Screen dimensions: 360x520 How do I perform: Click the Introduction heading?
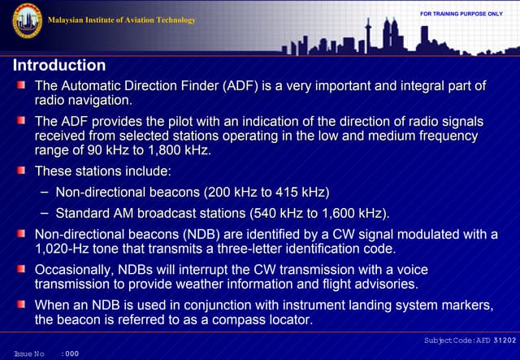pyautogui.click(x=59, y=65)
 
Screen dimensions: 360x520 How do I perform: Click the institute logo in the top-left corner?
pyautogui.click(x=26, y=20)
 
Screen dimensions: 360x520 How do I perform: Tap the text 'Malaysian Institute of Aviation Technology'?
pyautogui.click(x=122, y=20)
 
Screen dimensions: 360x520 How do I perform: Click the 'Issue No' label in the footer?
pyautogui.click(x=28, y=354)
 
